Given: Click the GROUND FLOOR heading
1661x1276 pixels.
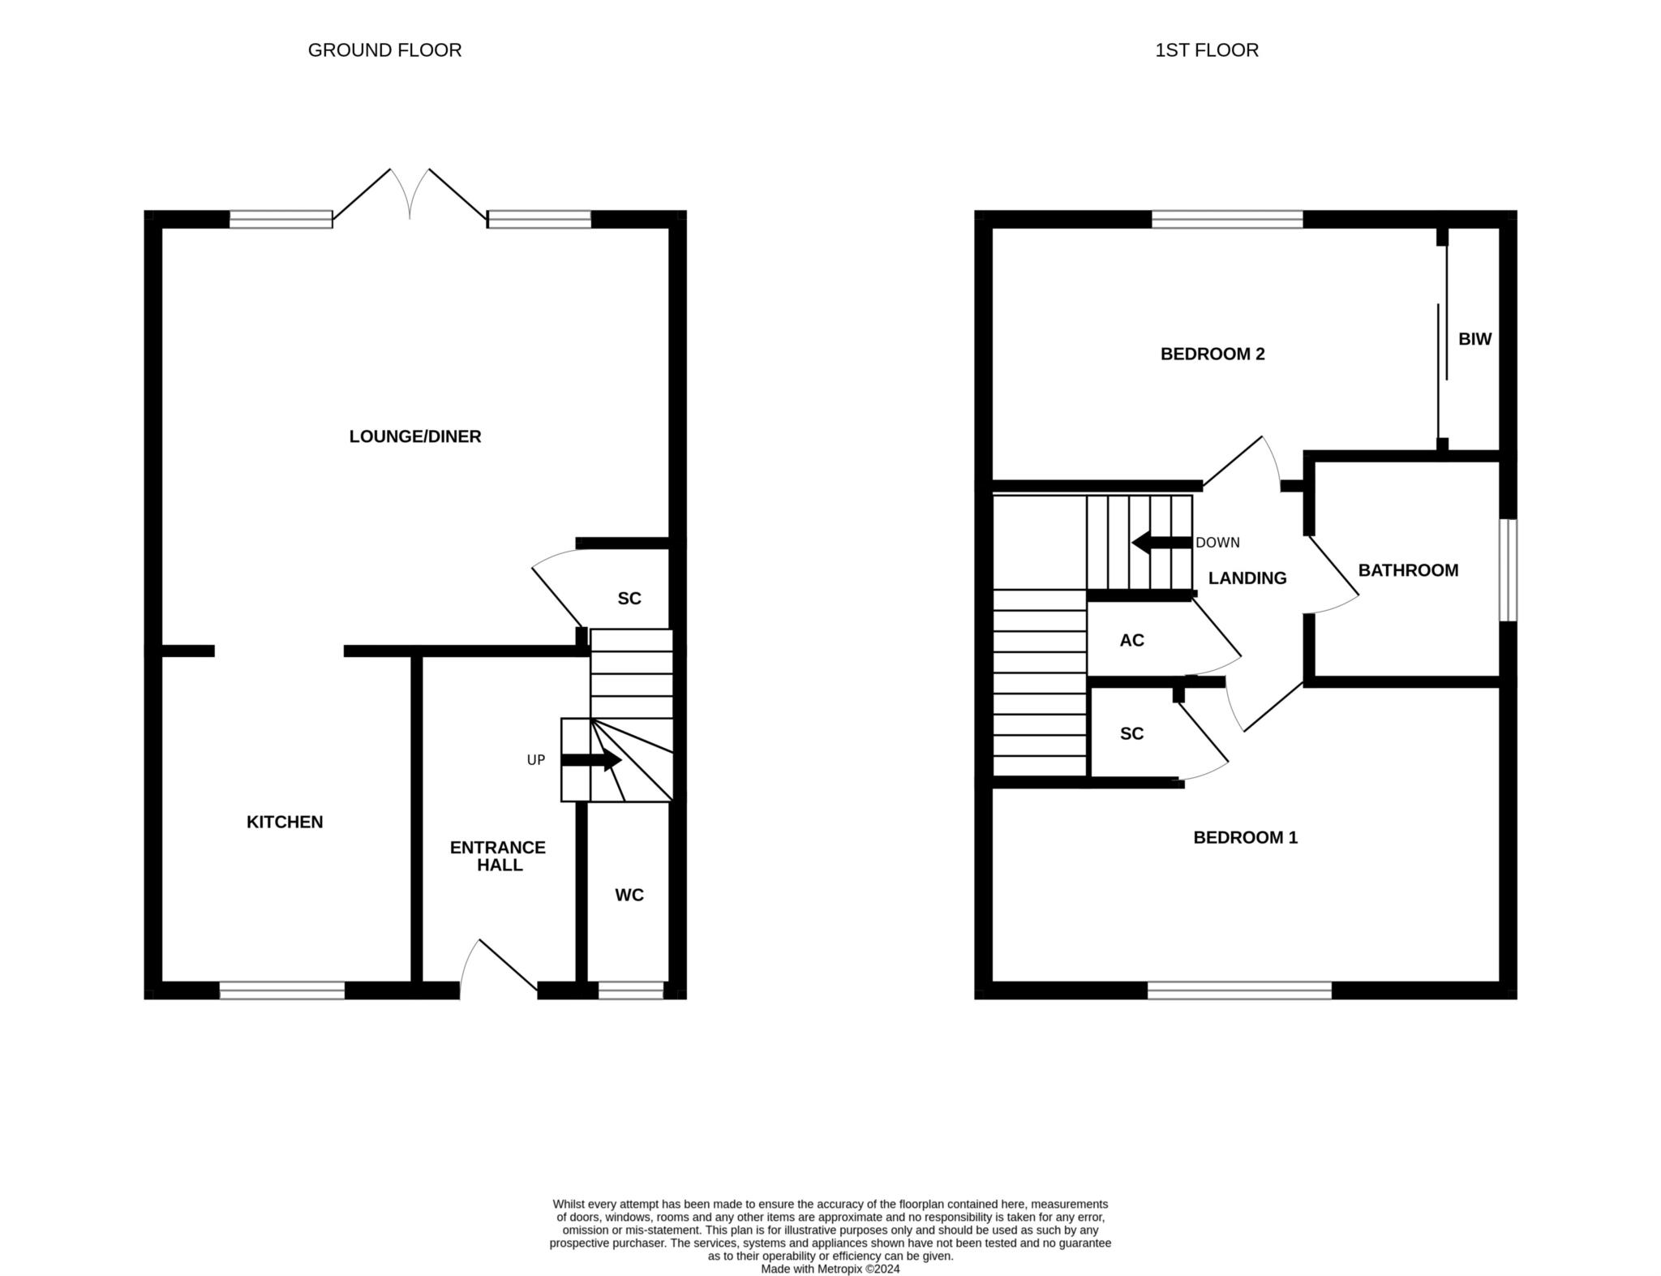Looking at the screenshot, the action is click(384, 50).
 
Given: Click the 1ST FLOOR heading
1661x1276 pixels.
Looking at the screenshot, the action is click(1207, 50).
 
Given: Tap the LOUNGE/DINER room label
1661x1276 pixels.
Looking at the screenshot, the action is click(415, 436).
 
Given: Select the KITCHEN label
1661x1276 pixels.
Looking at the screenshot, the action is click(285, 822).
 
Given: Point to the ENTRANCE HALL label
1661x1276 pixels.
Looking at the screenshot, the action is click(498, 856).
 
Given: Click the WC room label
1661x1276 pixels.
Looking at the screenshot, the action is click(629, 895).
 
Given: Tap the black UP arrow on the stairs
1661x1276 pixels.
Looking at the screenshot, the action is click(591, 761).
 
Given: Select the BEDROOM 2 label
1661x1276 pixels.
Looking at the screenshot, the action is click(1212, 354).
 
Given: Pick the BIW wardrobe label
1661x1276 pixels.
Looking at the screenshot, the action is click(1474, 339).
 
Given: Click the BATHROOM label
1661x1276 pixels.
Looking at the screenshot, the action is click(1408, 570).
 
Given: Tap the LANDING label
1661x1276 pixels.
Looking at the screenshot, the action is click(1247, 578).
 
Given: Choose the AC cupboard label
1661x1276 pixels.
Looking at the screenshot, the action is click(1131, 640).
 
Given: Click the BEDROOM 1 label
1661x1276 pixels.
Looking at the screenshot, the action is click(1245, 837).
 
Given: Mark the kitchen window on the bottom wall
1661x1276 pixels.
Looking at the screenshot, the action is click(282, 990).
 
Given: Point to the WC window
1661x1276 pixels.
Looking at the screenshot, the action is click(631, 990).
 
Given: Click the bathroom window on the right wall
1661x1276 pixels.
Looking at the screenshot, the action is click(1508, 570).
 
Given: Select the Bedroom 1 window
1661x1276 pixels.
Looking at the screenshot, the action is click(1239, 990).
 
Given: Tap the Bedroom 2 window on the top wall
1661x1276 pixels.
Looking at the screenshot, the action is click(1227, 219).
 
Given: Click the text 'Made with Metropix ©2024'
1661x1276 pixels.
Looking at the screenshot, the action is click(830, 1269).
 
